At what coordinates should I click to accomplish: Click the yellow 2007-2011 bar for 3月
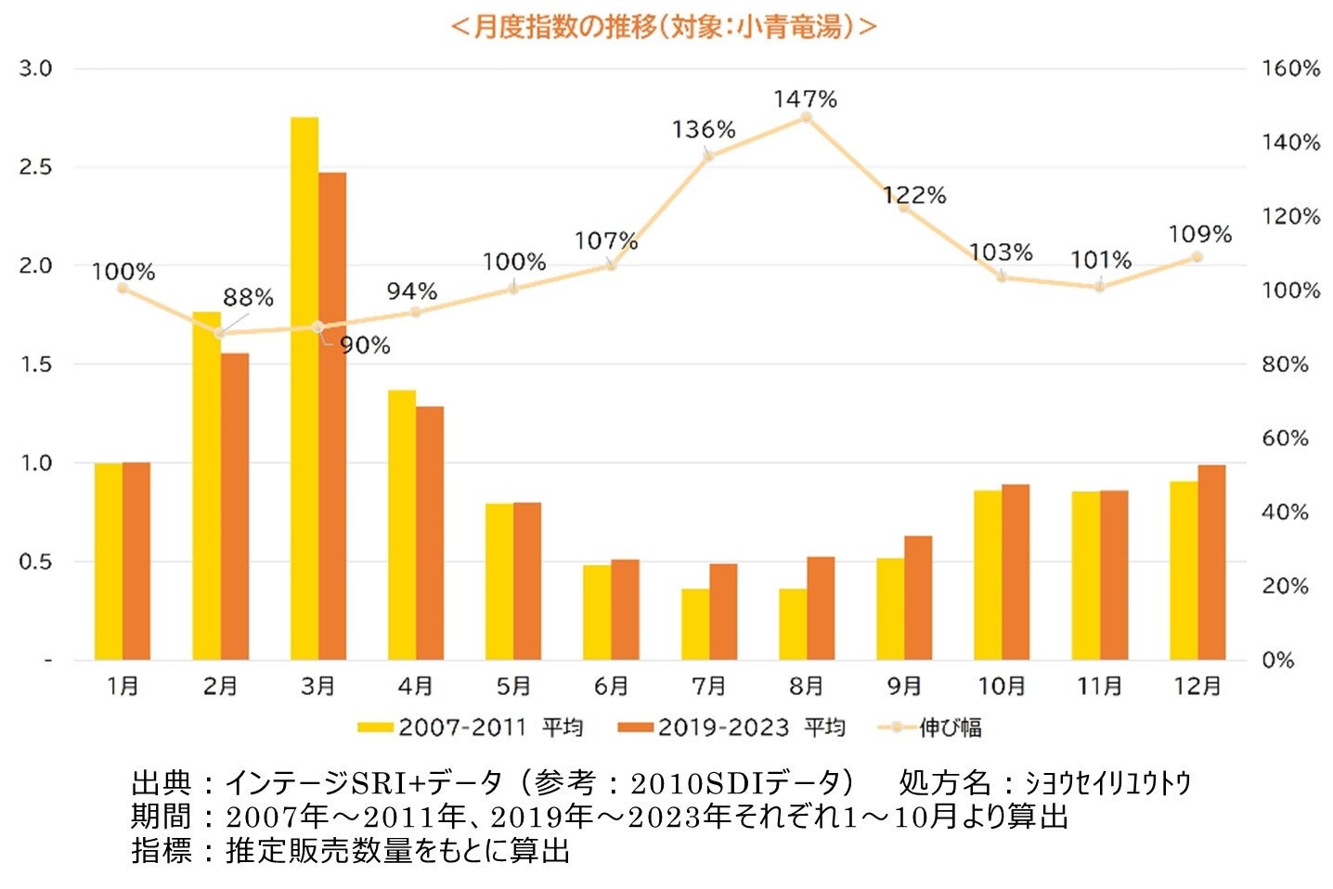coord(304,390)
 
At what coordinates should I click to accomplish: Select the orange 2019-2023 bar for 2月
coord(235,507)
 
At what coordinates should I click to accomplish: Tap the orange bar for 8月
coord(821,609)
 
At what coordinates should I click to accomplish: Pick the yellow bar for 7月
coord(694,625)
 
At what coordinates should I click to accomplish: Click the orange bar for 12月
coord(1211,562)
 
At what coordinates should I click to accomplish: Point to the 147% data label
coord(806,99)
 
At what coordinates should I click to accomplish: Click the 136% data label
coord(704,130)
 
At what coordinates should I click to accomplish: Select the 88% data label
coord(248,298)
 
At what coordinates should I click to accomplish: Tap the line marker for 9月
coord(903,207)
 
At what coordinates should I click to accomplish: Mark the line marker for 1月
coord(123,289)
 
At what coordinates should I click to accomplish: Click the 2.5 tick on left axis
coord(37,167)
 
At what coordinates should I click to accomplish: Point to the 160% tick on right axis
coord(1289,69)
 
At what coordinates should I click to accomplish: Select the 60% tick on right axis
coord(1285,438)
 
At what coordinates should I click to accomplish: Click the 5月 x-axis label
coord(513,687)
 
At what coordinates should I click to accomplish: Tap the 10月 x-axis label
coord(1001,687)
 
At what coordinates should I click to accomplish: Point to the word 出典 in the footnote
coord(162,783)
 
